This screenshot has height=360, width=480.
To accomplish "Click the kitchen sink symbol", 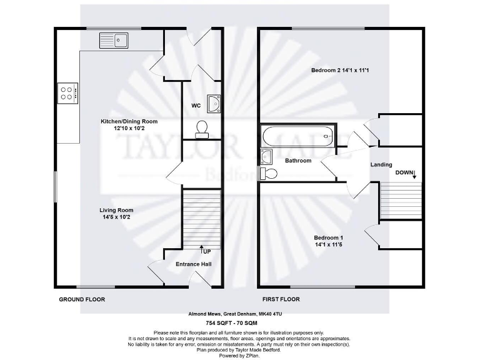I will click(x=113, y=41).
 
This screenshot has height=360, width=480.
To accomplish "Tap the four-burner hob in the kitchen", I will click(x=67, y=93).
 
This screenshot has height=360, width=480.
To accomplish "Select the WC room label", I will click(x=196, y=105).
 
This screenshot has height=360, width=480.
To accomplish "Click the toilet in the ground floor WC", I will click(x=202, y=129).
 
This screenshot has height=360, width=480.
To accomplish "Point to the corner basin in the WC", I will click(x=214, y=103).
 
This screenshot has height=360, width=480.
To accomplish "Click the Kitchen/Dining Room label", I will click(x=129, y=121).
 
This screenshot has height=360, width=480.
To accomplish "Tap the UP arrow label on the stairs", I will click(x=205, y=251).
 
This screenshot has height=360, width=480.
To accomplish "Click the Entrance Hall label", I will click(x=193, y=264).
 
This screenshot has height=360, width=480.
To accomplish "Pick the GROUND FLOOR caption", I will click(x=82, y=300).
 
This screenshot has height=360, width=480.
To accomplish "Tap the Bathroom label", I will click(x=298, y=161).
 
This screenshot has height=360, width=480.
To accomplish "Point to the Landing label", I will click(x=381, y=164).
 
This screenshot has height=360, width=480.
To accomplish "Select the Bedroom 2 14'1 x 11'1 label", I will click(x=340, y=71).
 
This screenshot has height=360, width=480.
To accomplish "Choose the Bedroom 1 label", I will click(x=328, y=238).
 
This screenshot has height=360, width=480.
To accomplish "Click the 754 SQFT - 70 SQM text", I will click(x=239, y=323).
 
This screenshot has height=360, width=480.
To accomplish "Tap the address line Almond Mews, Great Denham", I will click(x=239, y=314).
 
